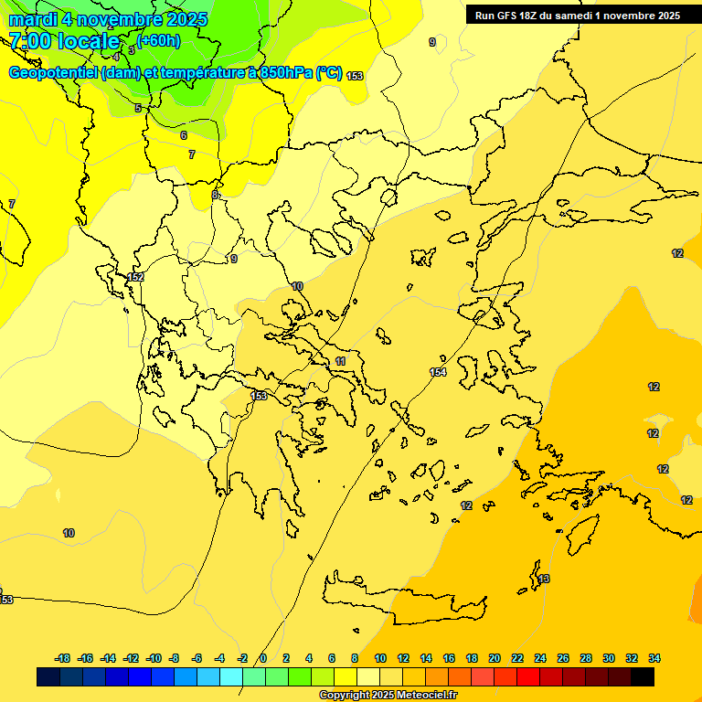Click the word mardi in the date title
pos(33,19)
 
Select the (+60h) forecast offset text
pos(159,40)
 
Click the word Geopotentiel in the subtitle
pos(53,73)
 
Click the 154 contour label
pos(438,372)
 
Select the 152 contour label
pos(136,277)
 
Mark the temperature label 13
pos(544,579)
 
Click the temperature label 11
pos(341,362)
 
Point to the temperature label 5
pos(138,108)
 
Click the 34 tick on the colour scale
pos(654,658)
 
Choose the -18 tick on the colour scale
pos(63,658)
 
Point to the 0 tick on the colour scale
pos(263,658)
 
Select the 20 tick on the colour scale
pos(495,658)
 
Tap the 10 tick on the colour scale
pos(380,658)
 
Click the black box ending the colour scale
pos(643,676)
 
